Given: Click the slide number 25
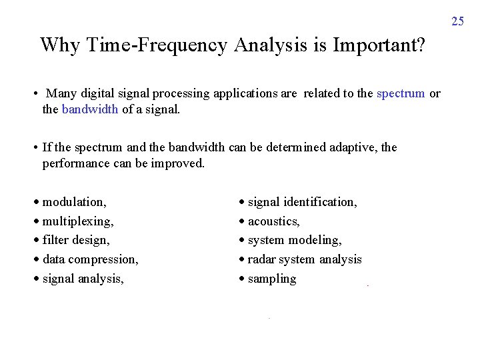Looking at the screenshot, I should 457,21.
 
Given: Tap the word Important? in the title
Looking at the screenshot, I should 378,45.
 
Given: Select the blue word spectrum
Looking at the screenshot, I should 401,94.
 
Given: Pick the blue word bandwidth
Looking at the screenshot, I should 90,109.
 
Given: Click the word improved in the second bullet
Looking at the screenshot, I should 181,163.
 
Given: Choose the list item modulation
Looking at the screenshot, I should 73,202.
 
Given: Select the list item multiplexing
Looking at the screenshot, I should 77,221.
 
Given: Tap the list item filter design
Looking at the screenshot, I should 76,240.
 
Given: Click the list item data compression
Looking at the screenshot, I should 90,259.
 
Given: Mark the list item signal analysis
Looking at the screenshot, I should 83,279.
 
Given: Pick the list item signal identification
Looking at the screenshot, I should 302,202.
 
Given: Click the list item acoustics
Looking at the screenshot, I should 273,221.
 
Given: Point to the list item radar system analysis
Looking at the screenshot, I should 305,259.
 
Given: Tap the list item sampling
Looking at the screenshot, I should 271,279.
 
